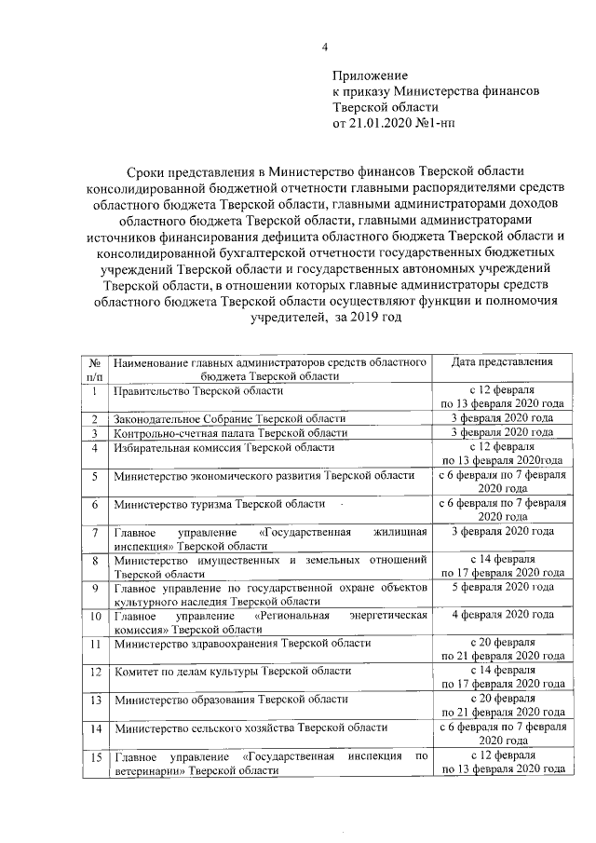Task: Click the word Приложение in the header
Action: [x=371, y=75]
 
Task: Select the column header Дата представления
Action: [x=502, y=361]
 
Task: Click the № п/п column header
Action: [x=95, y=369]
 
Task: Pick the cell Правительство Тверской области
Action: [x=196, y=391]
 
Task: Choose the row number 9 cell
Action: [x=95, y=593]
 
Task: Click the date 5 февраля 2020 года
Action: [x=502, y=587]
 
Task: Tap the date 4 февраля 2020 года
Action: [x=502, y=616]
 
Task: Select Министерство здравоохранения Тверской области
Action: [x=242, y=643]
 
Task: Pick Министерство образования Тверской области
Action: [x=231, y=699]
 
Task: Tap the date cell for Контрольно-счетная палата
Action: [x=502, y=432]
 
